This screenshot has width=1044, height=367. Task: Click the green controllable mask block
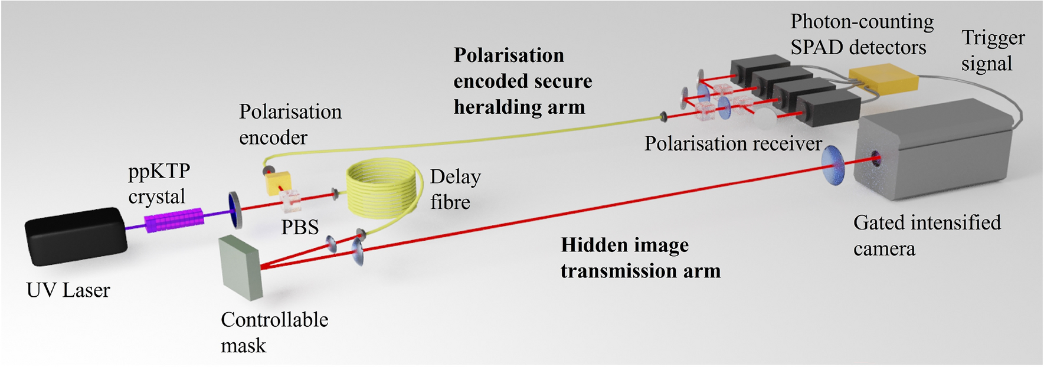point(240,267)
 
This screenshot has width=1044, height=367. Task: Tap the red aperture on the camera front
point(875,158)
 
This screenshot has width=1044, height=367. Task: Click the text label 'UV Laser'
point(68,290)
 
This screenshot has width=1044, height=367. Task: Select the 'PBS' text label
point(299,227)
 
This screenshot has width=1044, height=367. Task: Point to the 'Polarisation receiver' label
point(732,143)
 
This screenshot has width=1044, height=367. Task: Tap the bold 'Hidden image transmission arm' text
point(640,258)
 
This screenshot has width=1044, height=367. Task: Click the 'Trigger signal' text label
point(993,50)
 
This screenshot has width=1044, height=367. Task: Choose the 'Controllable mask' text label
point(274,332)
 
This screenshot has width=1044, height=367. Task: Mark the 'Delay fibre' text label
point(455,189)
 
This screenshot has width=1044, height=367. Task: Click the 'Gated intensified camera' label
point(927,235)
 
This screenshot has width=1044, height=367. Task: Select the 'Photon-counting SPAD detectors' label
point(861,34)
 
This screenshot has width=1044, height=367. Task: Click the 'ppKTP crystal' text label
point(159,183)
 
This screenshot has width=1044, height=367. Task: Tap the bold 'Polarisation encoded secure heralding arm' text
point(522,81)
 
